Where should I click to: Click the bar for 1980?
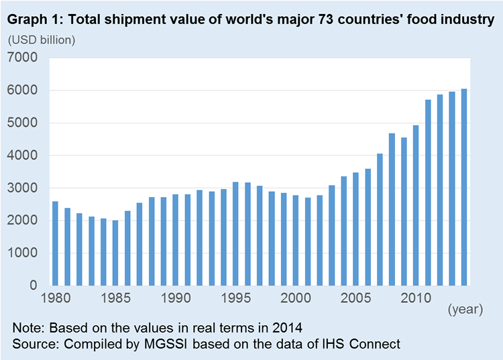[x=55, y=243]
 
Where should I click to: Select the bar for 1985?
[x=115, y=253]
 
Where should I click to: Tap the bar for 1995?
[x=235, y=234]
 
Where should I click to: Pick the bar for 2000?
[x=296, y=241]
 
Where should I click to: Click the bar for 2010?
[x=416, y=206]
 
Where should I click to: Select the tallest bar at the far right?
[x=464, y=187]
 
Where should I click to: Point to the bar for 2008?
[x=392, y=209]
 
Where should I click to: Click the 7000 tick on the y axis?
[x=22, y=58]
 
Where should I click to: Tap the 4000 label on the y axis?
[x=22, y=156]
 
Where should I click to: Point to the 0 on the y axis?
[x=34, y=285]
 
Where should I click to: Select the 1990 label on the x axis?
[x=176, y=298]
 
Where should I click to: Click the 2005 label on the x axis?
[x=355, y=298]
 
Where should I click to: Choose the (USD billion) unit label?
[x=42, y=40]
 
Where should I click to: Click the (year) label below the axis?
[x=465, y=310]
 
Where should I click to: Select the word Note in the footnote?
[x=28, y=328]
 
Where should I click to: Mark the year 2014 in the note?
[x=288, y=328]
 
